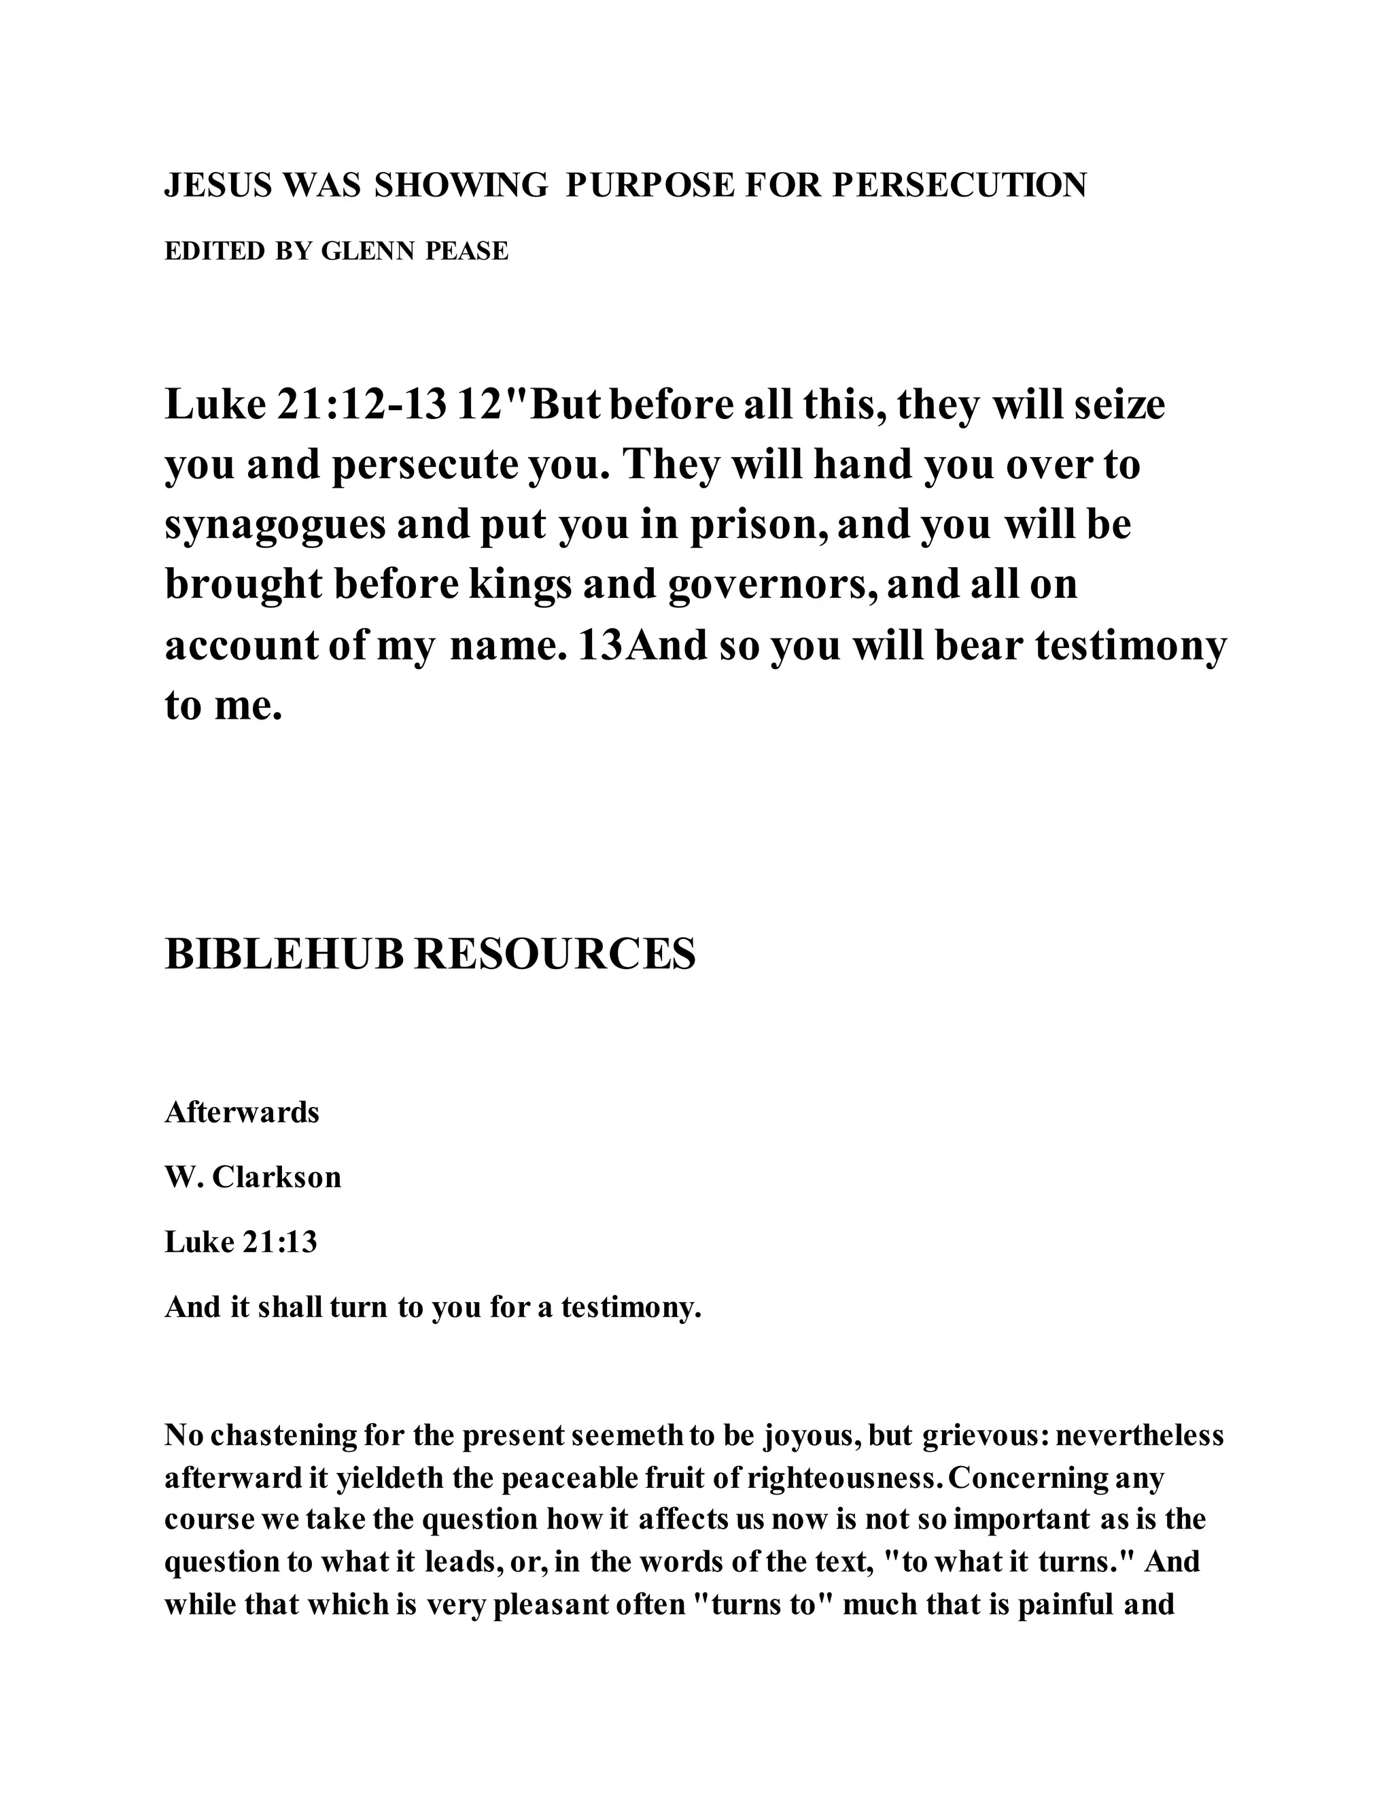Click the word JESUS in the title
point(217,186)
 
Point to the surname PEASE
point(467,251)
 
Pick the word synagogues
point(275,526)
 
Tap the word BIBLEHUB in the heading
point(285,955)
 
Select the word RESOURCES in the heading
point(555,955)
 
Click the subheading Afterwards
point(241,1113)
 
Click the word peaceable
point(569,1478)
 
